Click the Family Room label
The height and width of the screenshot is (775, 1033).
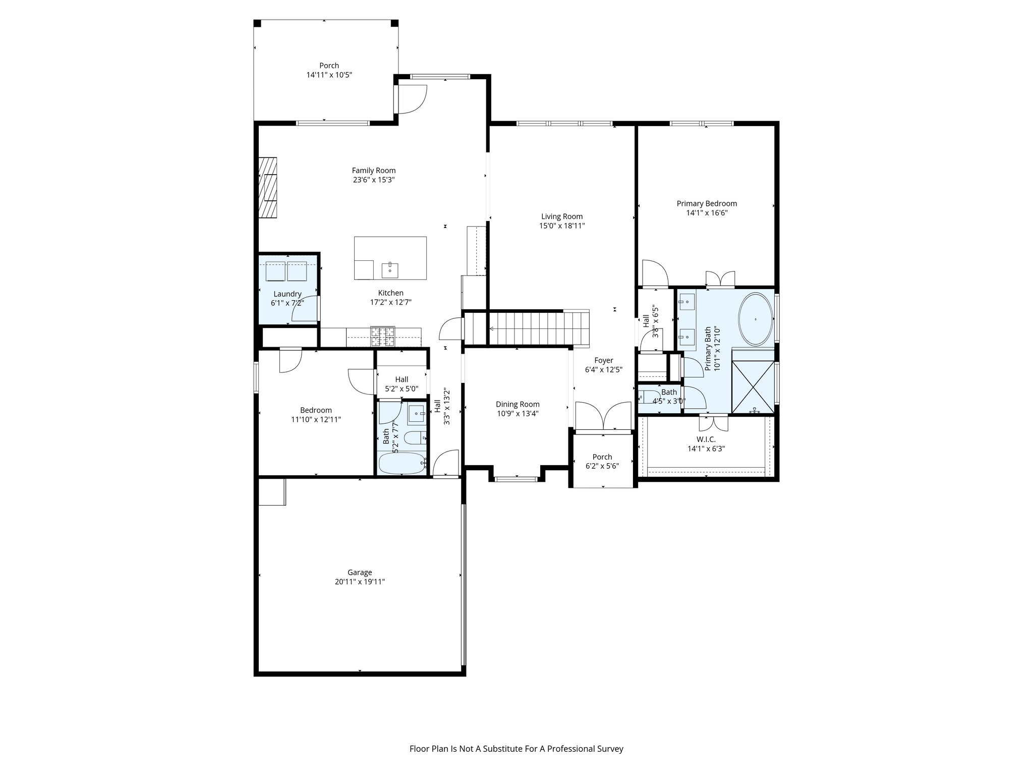pos(373,171)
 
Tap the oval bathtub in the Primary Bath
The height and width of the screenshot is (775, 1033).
pos(755,319)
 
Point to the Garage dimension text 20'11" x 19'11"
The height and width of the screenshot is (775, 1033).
pos(360,582)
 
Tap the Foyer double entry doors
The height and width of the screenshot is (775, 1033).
pos(603,417)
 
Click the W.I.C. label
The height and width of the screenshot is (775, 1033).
pos(706,439)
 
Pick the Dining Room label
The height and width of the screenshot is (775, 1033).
pos(518,404)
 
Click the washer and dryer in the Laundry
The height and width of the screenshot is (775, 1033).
pos(286,271)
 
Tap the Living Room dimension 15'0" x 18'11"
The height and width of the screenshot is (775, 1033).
pos(562,226)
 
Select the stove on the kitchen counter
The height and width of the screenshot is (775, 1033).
pos(383,337)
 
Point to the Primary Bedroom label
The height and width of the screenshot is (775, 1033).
pos(707,204)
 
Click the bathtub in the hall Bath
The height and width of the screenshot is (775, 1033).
pos(403,463)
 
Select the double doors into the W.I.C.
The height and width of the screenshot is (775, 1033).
pos(713,422)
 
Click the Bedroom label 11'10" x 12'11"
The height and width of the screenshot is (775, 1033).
pos(316,415)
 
